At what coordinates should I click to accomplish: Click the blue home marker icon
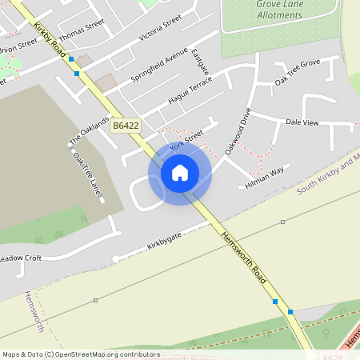click(180, 172)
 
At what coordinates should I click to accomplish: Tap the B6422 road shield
click(126, 126)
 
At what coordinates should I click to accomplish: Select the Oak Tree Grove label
click(297, 71)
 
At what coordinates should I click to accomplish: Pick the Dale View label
click(302, 122)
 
